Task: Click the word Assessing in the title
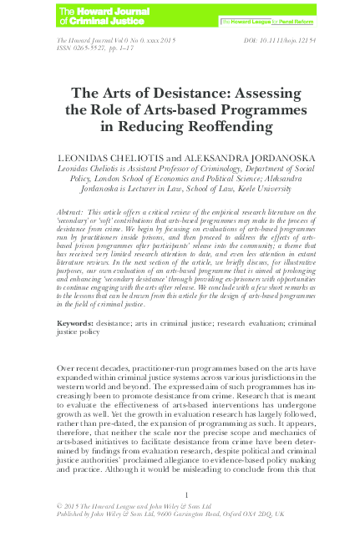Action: (254, 94)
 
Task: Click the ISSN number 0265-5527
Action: (96, 49)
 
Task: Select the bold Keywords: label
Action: (79, 322)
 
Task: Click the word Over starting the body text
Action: (66, 367)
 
